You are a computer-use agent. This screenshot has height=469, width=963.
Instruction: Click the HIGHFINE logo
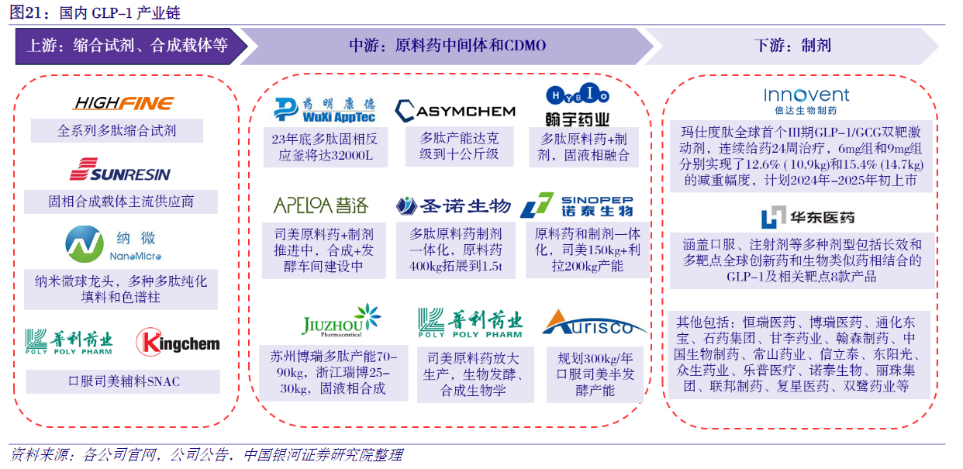coord(123,103)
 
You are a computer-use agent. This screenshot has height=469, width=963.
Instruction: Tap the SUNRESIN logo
coord(120,170)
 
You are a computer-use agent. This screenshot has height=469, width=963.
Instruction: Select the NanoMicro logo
coord(113,244)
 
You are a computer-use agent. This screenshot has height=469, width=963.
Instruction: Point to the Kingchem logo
coord(178,343)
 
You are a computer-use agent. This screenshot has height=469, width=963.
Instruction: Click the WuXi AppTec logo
coord(325,110)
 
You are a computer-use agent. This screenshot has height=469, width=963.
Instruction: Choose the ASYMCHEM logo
coord(455,111)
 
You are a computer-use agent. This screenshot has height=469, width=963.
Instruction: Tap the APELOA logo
coord(321,205)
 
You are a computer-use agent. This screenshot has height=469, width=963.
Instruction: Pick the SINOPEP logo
coord(577,205)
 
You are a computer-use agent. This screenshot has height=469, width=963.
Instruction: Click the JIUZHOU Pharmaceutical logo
coord(341,320)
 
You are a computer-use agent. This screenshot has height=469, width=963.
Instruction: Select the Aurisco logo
coord(594,322)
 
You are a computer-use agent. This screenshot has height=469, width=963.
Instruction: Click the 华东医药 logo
coord(807,217)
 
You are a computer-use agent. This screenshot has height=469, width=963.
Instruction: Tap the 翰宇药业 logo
coord(578,105)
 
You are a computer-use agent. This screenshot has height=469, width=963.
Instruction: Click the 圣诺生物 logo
coord(453,206)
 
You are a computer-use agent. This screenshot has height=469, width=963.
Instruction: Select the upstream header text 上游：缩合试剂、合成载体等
coord(127,46)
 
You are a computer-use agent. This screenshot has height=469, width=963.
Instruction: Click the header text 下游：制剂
coord(792,46)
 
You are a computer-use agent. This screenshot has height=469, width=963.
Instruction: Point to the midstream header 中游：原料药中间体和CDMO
coord(447,46)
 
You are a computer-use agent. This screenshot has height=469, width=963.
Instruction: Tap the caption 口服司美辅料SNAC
coord(124,381)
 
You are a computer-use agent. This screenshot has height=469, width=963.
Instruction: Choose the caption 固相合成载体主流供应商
coord(121,202)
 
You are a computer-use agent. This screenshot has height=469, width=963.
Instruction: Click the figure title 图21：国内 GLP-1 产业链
coord(95,12)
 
